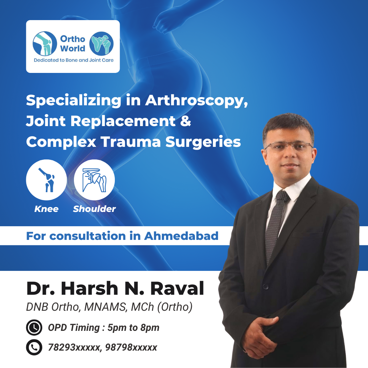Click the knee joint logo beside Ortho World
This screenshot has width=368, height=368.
coord(45,44)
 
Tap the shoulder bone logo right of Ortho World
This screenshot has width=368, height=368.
coord(102,44)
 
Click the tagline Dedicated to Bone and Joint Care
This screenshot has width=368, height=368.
coord(74,60)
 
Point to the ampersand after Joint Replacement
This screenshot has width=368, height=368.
coord(186,121)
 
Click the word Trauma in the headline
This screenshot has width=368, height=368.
coord(131,142)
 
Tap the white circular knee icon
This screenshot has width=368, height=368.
coord(46,180)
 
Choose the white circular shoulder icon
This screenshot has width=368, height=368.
coord(94,180)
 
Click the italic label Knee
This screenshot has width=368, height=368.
coord(46,209)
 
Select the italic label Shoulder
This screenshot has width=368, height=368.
coord(94,209)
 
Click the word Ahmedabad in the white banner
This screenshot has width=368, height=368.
coord(181,236)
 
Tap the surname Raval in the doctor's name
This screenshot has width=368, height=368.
coord(177,289)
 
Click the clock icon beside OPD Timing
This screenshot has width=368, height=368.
coord(34,327)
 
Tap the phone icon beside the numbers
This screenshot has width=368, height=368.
coord(34,347)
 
